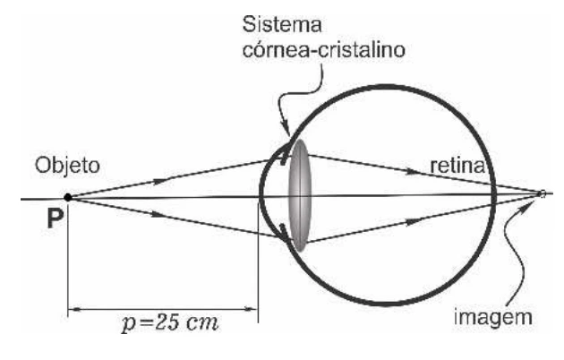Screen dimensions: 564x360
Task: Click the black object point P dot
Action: coord(68,197)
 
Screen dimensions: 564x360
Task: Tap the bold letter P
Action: coord(55,219)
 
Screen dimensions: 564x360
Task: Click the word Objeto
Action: coord(67,167)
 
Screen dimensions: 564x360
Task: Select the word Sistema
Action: coord(282,25)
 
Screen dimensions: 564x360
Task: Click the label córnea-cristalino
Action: coord(324,50)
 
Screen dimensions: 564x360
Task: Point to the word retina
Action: coord(457,166)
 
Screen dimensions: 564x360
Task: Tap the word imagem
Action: coord(492,317)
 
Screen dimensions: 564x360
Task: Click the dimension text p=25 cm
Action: coord(170,322)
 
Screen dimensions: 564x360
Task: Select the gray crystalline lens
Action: coord(299,195)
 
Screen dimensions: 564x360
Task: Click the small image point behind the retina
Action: coord(543,193)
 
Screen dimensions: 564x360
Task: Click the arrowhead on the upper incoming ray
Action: coord(160,181)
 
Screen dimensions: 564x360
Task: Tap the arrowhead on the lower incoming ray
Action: coord(158,214)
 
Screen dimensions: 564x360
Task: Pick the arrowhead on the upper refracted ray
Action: coord(411,171)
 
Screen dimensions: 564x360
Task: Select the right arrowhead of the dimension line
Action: coord(252,309)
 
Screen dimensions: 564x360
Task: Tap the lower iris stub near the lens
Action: coord(284,233)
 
